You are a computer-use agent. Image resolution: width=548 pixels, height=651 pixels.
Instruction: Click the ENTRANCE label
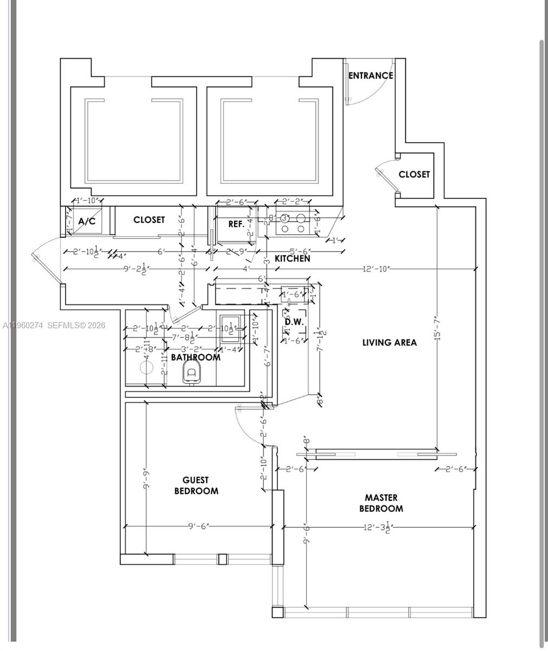coord(370,76)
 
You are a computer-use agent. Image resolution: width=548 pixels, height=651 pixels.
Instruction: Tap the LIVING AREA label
coord(389,342)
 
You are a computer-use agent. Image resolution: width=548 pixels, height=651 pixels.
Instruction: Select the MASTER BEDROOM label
coord(381,503)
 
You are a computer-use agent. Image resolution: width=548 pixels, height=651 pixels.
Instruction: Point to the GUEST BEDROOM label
coord(196,486)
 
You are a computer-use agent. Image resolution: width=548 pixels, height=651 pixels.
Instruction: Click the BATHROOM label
coord(196,357)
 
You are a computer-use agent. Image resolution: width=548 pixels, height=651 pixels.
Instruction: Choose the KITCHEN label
coord(292,259)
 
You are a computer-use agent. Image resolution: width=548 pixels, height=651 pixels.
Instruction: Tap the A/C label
coord(87,221)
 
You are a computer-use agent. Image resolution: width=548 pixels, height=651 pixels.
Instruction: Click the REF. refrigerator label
coord(236,224)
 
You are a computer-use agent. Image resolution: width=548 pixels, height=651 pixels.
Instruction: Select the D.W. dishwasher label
coord(294,322)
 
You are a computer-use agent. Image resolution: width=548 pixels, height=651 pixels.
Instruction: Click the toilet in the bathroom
coord(191,372)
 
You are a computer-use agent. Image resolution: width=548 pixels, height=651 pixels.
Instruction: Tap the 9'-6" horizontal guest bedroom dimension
coord(198,526)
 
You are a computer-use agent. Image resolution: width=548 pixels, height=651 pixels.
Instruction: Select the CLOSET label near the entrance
coord(414,174)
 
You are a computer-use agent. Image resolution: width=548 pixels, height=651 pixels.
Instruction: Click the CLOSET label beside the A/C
coord(149,220)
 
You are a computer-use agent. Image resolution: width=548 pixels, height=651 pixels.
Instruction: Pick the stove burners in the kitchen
coord(293,223)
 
